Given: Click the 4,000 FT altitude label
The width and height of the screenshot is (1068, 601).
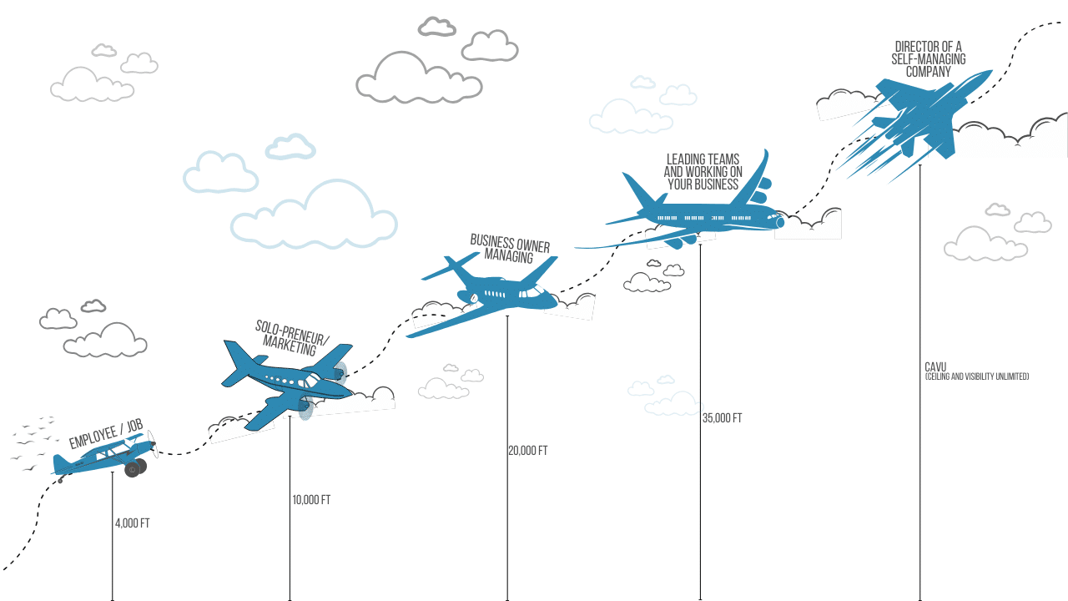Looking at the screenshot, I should coord(133,523).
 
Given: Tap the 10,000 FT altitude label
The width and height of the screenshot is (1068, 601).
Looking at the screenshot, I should coord(311,500).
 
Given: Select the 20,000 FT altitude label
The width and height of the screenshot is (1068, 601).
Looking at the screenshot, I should coord(527,451).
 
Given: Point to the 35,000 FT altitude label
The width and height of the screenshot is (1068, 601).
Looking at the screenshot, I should coord(722,418).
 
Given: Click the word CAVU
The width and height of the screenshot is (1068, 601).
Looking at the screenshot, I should coord(935,367).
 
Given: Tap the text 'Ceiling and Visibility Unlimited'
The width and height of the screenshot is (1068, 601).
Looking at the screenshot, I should coord(977,377).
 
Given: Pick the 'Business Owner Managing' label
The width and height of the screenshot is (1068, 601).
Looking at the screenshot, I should coord(510,249).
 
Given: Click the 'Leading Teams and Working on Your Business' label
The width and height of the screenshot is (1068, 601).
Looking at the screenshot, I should coord(703,172).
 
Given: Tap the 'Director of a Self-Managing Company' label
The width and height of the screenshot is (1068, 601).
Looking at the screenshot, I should coord(929,59).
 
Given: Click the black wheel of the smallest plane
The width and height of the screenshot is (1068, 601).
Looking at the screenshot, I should coord(133,469).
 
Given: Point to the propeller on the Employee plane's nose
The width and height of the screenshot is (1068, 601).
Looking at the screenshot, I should coord(153,445).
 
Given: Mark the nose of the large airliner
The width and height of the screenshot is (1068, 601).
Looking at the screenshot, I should coord(780,222).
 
